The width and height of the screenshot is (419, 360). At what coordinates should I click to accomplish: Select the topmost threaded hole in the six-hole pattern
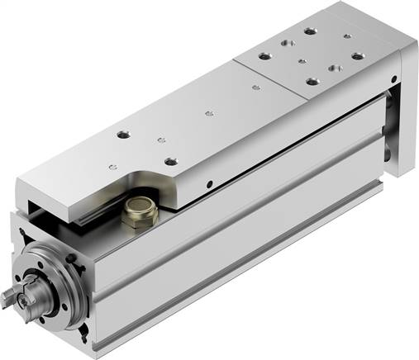(x=309, y=31)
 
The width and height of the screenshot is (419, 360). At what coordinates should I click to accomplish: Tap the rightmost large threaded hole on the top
(x=357, y=56)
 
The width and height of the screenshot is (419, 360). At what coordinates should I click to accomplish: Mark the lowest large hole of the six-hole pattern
(x=312, y=81)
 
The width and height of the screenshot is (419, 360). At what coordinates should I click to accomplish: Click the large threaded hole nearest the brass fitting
(x=170, y=162)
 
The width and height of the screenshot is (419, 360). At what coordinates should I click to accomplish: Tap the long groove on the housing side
(x=248, y=239)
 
